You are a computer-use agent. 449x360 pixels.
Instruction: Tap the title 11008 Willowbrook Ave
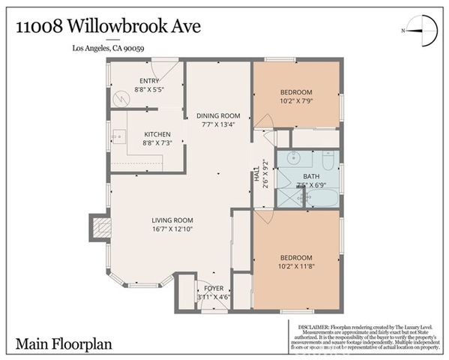(x=109, y=28)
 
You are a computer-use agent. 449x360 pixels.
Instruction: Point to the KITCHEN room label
(x=157, y=134)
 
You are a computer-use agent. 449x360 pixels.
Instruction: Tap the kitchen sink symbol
(x=117, y=136)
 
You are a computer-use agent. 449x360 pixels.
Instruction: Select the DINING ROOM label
(x=218, y=115)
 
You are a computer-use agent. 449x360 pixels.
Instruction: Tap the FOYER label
(x=214, y=288)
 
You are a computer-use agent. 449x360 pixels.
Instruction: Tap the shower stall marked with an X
(x=288, y=196)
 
